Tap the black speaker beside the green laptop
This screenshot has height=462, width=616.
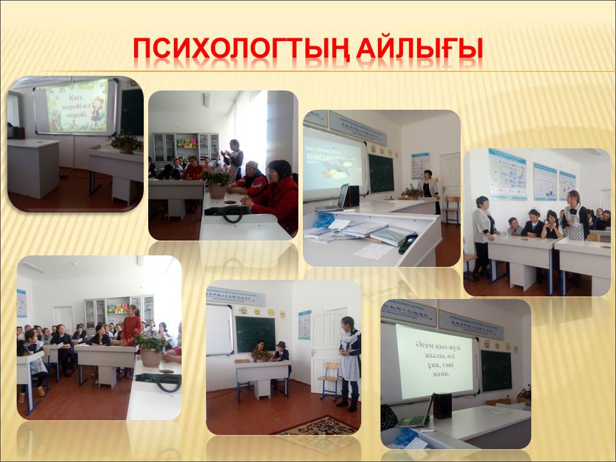442,406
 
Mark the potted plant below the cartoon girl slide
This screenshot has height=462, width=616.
126,142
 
